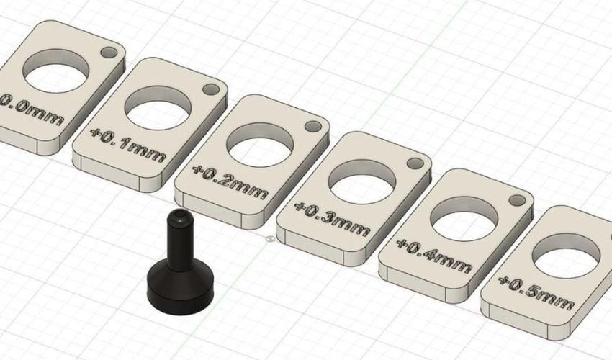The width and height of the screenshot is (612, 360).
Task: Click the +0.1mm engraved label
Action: point(128,144)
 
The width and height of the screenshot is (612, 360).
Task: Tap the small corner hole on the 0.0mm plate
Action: point(109,53)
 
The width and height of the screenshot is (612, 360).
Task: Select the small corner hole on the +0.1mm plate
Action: point(211,90)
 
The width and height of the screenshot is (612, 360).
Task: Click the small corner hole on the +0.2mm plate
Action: point(312,125)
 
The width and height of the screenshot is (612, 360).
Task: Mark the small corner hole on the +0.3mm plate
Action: point(415,163)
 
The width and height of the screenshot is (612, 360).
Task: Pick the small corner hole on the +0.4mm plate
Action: point(517,199)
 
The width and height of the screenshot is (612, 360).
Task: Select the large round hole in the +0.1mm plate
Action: point(158,109)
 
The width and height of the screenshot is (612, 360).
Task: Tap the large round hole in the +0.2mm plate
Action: point(260,145)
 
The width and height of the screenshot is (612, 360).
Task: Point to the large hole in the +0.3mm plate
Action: point(362,183)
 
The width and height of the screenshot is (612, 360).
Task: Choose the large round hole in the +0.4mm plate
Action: point(464,220)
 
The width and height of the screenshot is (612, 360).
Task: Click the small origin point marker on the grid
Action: point(269,238)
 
